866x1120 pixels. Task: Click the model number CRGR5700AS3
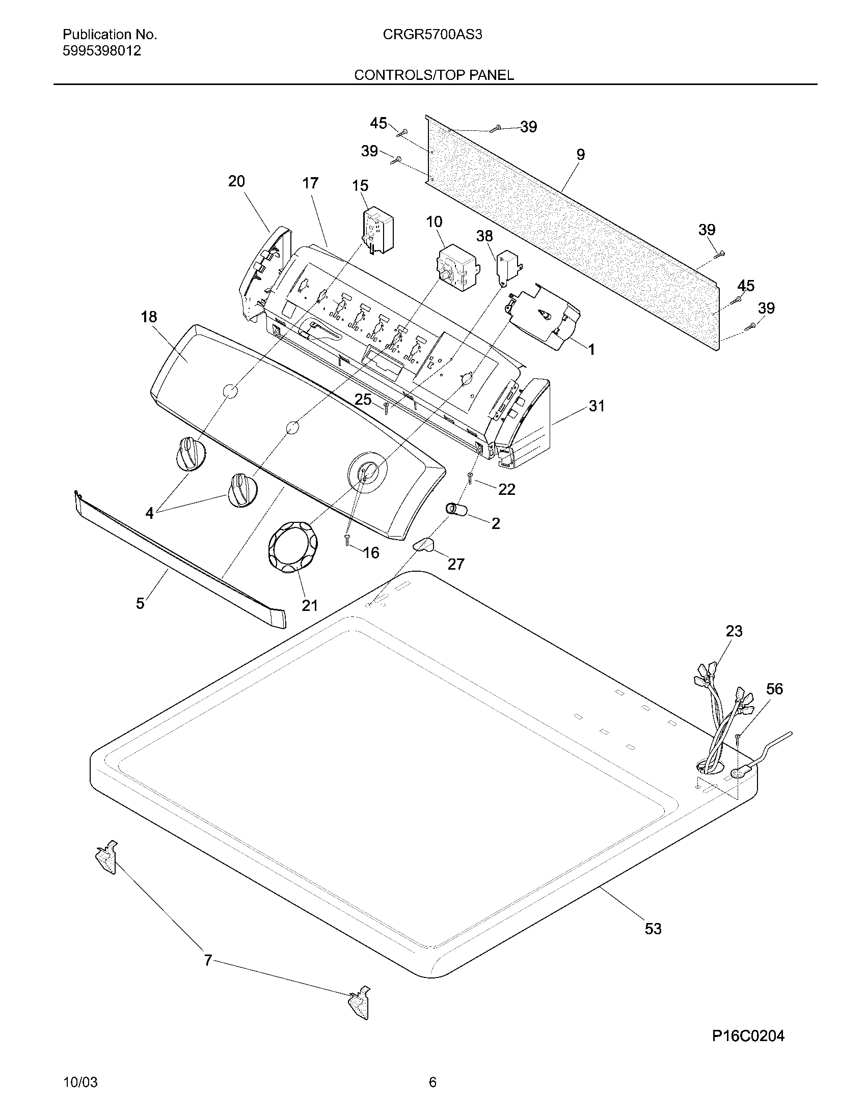click(x=432, y=35)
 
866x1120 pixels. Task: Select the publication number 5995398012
click(x=101, y=51)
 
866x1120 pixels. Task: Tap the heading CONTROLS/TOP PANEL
click(x=434, y=75)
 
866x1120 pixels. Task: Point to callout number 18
click(x=149, y=317)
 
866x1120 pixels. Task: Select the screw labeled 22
click(x=470, y=479)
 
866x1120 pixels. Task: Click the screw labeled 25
click(x=386, y=408)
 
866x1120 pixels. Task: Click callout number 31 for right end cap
click(x=597, y=406)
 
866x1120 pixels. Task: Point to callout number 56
click(x=774, y=689)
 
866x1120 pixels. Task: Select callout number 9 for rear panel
click(x=580, y=154)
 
